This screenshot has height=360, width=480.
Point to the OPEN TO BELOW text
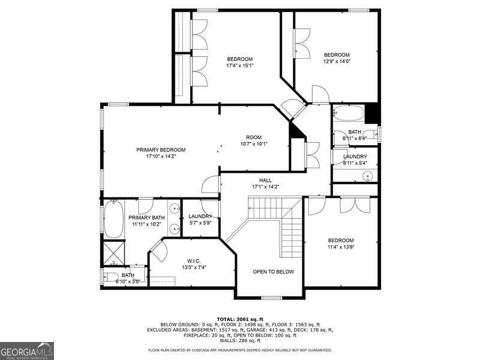pos(273,272)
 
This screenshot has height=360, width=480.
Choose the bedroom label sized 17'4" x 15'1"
pos(239,62)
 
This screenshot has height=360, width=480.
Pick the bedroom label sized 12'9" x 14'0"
pos(337,58)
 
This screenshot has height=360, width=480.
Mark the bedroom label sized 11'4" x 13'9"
pos(340,243)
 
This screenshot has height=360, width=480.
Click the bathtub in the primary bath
pos(113,219)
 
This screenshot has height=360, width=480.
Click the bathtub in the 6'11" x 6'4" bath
pos(348,113)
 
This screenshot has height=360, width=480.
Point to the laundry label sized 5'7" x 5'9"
pos(200,220)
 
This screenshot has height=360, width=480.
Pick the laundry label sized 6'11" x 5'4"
pos(355,160)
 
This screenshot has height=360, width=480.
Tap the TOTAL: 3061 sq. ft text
pos(240,319)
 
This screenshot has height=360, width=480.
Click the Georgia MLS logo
pos(27,350)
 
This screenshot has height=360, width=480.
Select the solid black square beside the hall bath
pos(373,113)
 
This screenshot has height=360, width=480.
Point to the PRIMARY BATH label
pos(146,221)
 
